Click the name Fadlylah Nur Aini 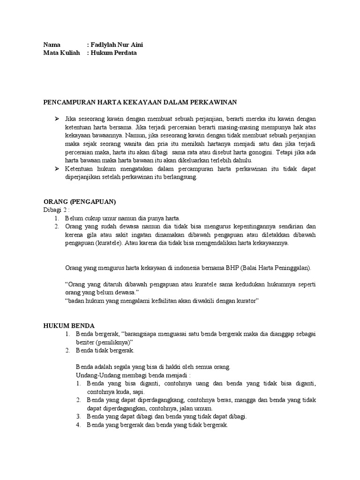click(x=117, y=45)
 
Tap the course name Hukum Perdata click(x=114, y=53)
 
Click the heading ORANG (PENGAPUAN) click(x=79, y=201)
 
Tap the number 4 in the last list click(x=79, y=425)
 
